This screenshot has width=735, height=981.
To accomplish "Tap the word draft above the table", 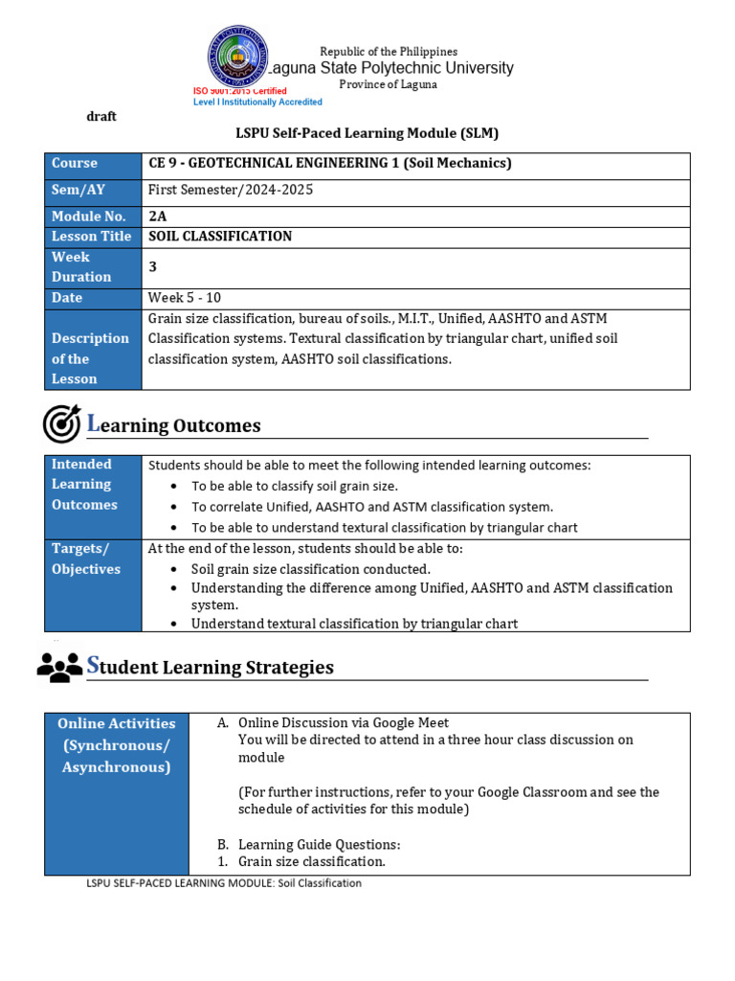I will point(101,116).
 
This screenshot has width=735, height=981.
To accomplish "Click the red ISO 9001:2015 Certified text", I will point(240,91).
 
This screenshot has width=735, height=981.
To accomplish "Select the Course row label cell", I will point(93,164).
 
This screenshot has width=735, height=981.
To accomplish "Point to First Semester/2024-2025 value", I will point(231,190).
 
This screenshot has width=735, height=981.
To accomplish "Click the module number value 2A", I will point(157,217).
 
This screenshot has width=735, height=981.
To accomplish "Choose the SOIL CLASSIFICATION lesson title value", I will point(220,237).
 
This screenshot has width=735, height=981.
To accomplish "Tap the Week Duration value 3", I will point(152,267).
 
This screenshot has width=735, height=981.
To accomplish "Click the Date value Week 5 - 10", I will point(185,298).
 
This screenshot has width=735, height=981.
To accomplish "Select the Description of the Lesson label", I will point(91,358).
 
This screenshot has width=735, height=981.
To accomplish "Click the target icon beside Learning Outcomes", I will point(62,423).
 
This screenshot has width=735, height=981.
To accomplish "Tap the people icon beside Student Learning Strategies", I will point(59,667).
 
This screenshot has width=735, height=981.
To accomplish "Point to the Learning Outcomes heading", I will point(174,425).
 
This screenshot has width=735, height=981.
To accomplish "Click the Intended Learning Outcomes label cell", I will point(93,484).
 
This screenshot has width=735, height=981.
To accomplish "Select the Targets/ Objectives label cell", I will point(93,559).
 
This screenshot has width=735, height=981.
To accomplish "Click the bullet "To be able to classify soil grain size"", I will point(295,486).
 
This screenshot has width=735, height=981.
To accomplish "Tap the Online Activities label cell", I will point(117,745).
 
